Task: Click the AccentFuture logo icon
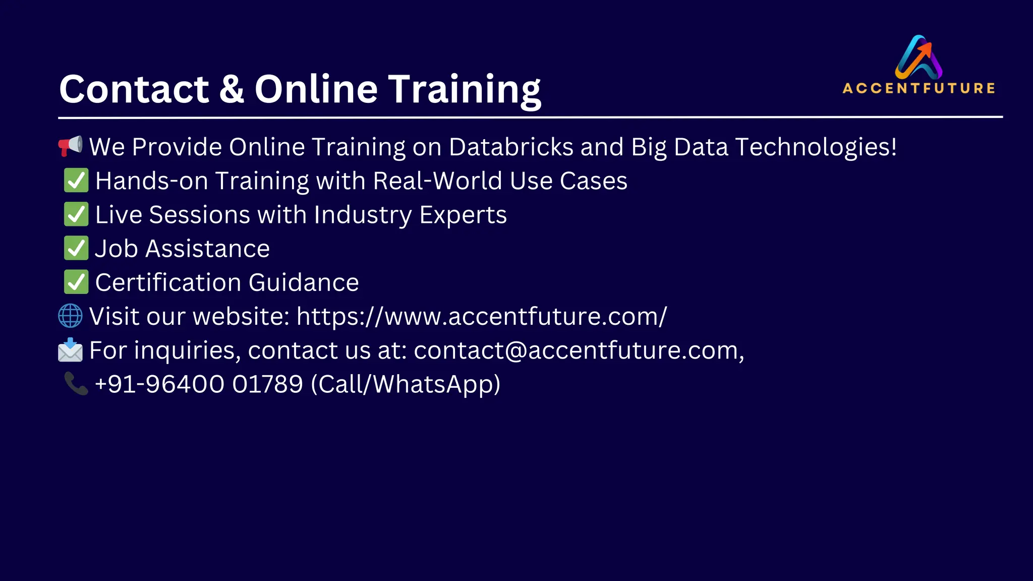(x=919, y=57)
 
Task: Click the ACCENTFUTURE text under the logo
(x=919, y=88)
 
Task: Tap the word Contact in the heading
(x=134, y=89)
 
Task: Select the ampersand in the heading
(x=232, y=89)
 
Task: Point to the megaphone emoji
(x=70, y=146)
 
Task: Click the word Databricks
(x=511, y=147)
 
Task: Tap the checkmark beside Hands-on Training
(x=76, y=181)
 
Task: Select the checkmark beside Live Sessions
(x=76, y=214)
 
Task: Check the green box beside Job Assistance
(x=76, y=248)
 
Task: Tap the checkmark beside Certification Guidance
(x=76, y=282)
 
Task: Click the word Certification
(x=168, y=282)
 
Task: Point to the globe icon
(x=70, y=316)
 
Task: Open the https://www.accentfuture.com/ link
(x=482, y=317)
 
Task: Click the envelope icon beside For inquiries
(x=70, y=350)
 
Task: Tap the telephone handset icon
(x=76, y=384)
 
